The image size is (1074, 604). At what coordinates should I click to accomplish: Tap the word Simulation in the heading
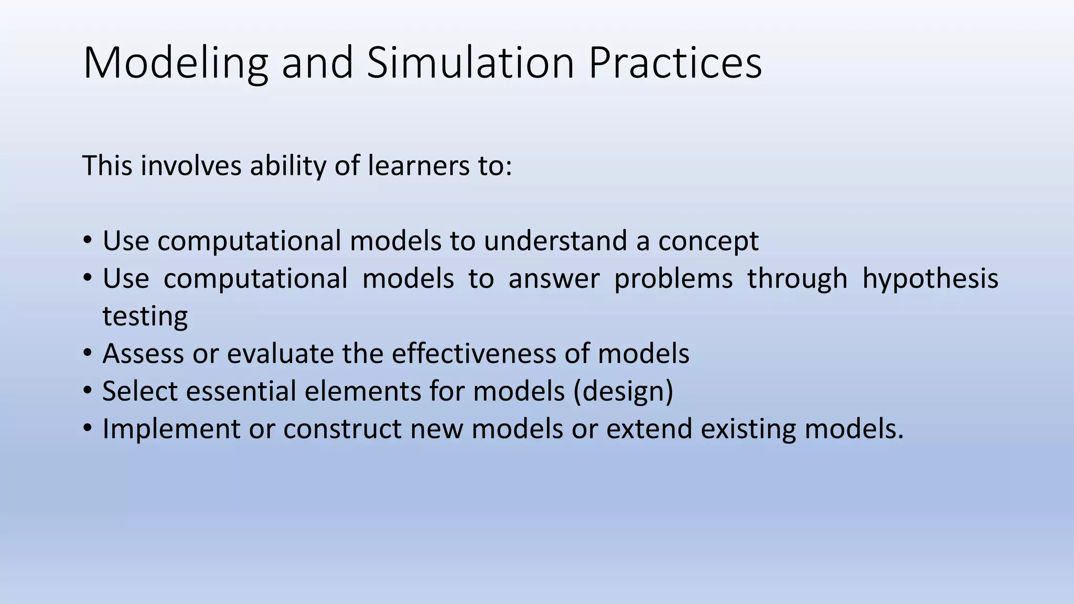tap(470, 63)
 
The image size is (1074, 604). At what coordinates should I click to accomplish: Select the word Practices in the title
tap(675, 63)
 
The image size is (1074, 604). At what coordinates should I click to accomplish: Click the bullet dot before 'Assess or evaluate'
tap(88, 353)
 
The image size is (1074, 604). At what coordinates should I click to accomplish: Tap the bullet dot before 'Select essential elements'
tap(88, 391)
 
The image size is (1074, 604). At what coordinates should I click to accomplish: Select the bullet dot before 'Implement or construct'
tap(88, 429)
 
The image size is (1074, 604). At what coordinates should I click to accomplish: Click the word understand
tap(555, 241)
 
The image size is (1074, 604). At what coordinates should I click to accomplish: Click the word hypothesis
tap(930, 279)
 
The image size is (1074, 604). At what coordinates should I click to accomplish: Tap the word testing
tap(145, 317)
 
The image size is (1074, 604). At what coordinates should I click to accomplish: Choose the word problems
tap(673, 279)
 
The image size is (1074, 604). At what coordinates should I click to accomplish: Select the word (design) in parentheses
tap(624, 392)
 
